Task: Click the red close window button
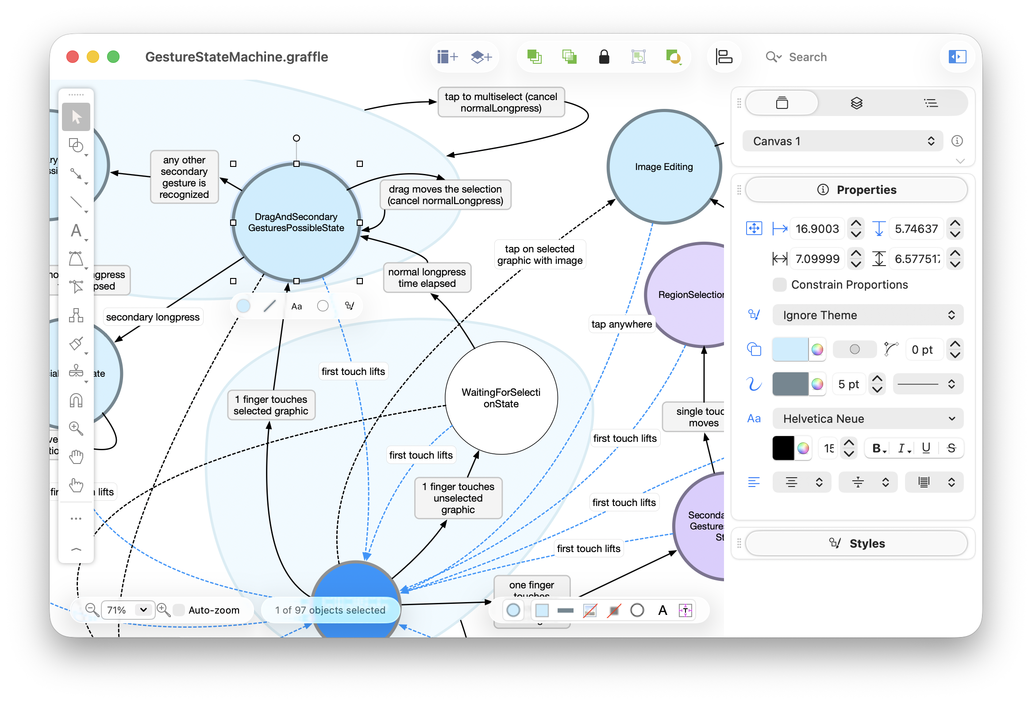pyautogui.click(x=73, y=57)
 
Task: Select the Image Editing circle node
pyautogui.click(x=663, y=166)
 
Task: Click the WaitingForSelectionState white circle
pyautogui.click(x=501, y=398)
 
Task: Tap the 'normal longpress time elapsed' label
pyautogui.click(x=427, y=278)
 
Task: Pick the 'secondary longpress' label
pyautogui.click(x=153, y=317)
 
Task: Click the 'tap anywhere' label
pyautogui.click(x=621, y=324)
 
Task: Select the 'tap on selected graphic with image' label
pyautogui.click(x=539, y=255)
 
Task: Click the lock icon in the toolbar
pyautogui.click(x=604, y=57)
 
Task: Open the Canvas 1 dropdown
pyautogui.click(x=842, y=141)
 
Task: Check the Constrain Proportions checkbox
pyautogui.click(x=779, y=285)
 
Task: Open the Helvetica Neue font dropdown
pyautogui.click(x=868, y=419)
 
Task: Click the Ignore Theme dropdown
pyautogui.click(x=868, y=315)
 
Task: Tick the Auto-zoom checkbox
pyautogui.click(x=179, y=610)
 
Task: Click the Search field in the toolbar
pyautogui.click(x=807, y=57)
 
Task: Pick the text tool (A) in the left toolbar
pyautogui.click(x=76, y=231)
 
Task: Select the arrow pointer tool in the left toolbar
pyautogui.click(x=76, y=117)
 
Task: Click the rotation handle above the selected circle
pyautogui.click(x=296, y=138)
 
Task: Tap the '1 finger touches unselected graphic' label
pyautogui.click(x=458, y=498)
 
